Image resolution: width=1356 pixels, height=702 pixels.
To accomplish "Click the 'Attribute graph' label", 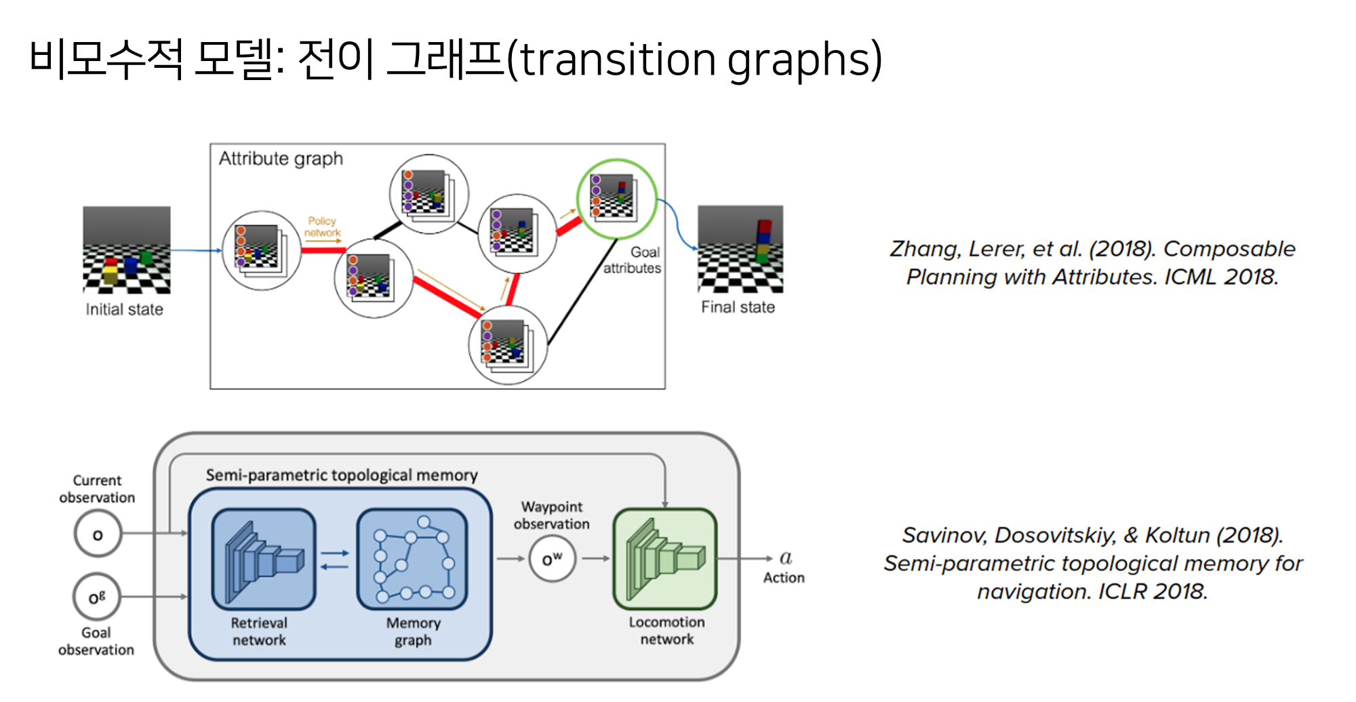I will pyautogui.click(x=281, y=159).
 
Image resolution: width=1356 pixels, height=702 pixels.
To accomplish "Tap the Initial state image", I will pyautogui.click(x=127, y=250).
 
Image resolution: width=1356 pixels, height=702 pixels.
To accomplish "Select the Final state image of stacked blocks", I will pyautogui.click(x=740, y=249).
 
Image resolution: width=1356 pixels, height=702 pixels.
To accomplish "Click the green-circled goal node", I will pyautogui.click(x=616, y=198).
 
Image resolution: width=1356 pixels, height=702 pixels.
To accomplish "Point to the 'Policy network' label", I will pyautogui.click(x=322, y=227).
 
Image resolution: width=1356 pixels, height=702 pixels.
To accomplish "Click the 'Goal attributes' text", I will pyautogui.click(x=633, y=260).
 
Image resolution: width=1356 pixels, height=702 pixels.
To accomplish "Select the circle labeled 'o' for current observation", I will pyautogui.click(x=98, y=534).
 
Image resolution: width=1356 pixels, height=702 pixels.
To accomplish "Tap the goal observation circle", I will pyautogui.click(x=97, y=598).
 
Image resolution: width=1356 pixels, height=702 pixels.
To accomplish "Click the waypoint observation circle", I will pyautogui.click(x=552, y=559).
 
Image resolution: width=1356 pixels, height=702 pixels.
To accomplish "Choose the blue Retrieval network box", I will pyautogui.click(x=264, y=559).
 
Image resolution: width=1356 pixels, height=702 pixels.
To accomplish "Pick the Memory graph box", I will pyautogui.click(x=412, y=559).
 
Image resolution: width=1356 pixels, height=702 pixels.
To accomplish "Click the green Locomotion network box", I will pyautogui.click(x=665, y=559).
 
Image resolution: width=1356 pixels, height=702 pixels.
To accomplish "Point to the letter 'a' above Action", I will pyautogui.click(x=786, y=558).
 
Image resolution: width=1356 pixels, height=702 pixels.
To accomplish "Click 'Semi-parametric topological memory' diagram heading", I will pyautogui.click(x=342, y=475).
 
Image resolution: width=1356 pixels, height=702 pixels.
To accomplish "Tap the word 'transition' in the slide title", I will pyautogui.click(x=619, y=60).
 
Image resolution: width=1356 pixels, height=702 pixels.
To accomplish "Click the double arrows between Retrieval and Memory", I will pyautogui.click(x=335, y=560).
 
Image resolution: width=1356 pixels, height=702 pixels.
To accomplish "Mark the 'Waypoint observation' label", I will pyautogui.click(x=551, y=515).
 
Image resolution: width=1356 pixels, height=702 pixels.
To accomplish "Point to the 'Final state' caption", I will pyautogui.click(x=738, y=307).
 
